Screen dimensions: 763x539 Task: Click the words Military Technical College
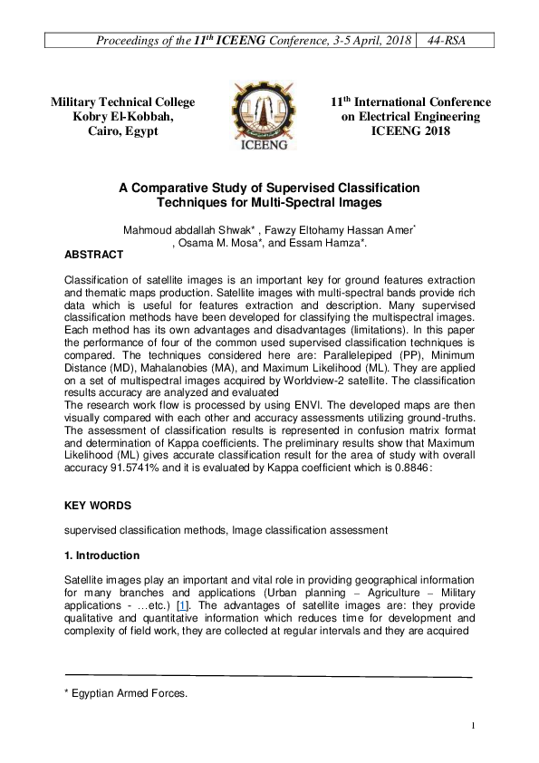(x=122, y=102)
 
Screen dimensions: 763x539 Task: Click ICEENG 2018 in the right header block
(x=410, y=131)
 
